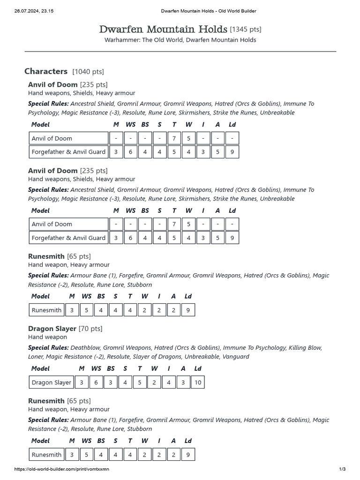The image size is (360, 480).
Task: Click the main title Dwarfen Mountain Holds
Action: (x=164, y=29)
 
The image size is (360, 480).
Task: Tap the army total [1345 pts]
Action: (x=246, y=30)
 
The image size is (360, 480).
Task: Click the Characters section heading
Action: (x=46, y=71)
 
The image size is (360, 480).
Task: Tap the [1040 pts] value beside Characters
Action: (x=88, y=72)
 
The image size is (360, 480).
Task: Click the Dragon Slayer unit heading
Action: (x=52, y=329)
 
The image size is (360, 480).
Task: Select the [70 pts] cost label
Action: (x=90, y=329)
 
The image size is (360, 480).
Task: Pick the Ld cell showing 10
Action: (x=198, y=382)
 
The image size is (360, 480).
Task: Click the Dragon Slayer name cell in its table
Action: (x=52, y=382)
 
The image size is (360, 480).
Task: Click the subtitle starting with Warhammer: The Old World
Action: (x=180, y=40)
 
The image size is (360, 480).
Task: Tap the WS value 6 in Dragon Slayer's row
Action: (x=96, y=382)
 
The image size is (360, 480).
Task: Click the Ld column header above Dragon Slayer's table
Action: (x=198, y=368)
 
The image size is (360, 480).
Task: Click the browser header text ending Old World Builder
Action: (x=208, y=11)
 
